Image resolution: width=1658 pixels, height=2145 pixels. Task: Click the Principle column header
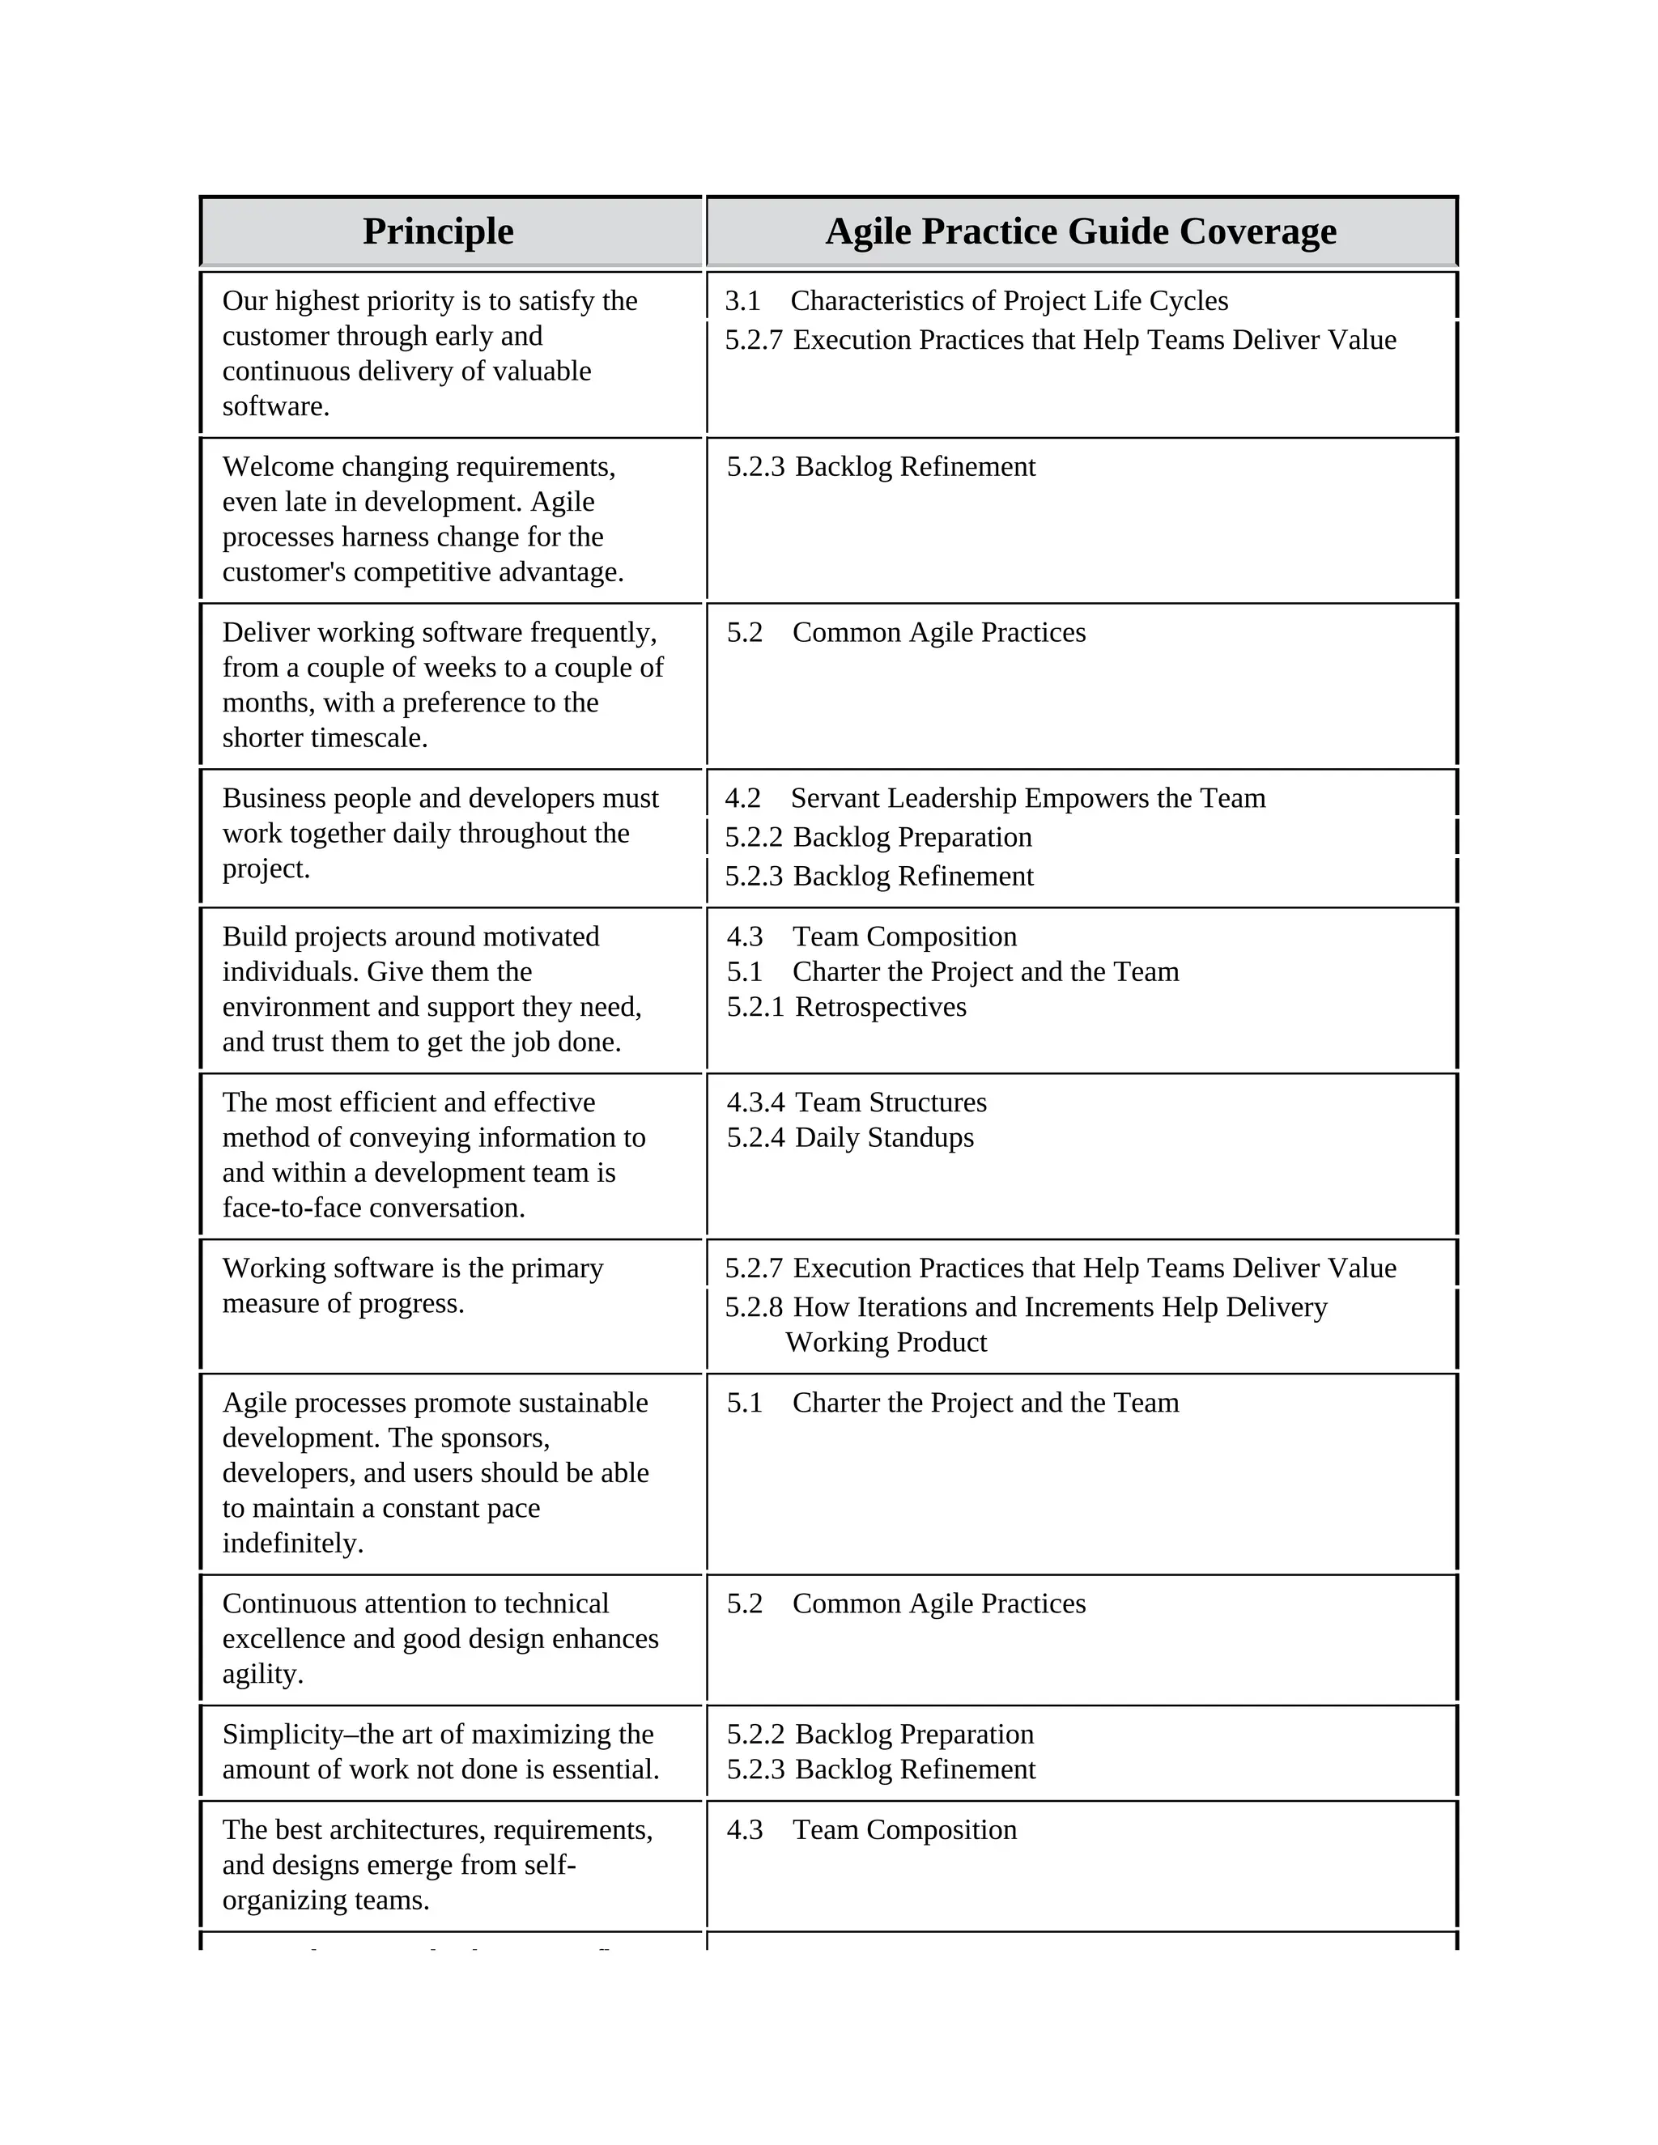(438, 231)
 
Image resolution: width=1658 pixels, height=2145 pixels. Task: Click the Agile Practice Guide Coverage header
(1081, 231)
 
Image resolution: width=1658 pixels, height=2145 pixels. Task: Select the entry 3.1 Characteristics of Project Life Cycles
(976, 300)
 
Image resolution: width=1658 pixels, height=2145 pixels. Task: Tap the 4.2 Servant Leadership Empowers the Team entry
(995, 797)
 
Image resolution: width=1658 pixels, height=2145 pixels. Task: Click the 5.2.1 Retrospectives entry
(847, 1007)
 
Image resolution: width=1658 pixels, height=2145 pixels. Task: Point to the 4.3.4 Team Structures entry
(857, 1102)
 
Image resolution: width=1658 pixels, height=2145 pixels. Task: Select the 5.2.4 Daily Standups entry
(851, 1137)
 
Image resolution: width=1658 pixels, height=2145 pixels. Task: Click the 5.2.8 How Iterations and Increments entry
(1026, 1307)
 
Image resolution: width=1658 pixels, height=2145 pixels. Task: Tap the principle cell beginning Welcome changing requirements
(423, 519)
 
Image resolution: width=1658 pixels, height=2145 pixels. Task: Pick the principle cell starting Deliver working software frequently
(442, 685)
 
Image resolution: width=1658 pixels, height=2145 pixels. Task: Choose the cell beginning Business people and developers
(440, 833)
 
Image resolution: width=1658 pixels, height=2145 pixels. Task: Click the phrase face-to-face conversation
(373, 1208)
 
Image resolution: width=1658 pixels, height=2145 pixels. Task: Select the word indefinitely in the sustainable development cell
(293, 1543)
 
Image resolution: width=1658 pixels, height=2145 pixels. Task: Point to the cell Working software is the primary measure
(413, 1285)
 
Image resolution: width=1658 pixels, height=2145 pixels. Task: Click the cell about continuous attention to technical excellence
(440, 1638)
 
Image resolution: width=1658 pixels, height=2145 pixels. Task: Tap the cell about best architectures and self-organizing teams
(437, 1865)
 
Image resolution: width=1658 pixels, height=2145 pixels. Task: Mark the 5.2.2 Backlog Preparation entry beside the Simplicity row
(880, 1735)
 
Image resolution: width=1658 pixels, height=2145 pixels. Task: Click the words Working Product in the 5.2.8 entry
(886, 1343)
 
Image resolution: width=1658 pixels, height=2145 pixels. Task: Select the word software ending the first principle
(275, 406)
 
